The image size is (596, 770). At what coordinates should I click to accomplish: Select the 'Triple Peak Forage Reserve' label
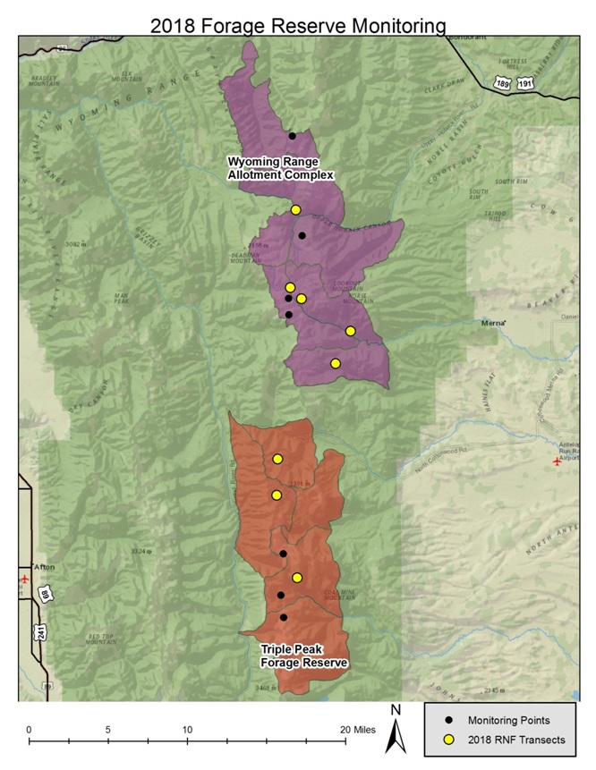click(304, 656)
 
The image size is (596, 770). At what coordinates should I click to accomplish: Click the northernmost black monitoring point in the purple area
click(293, 136)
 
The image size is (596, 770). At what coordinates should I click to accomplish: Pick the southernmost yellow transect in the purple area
click(336, 363)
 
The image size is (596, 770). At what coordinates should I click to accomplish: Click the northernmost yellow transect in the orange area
click(277, 459)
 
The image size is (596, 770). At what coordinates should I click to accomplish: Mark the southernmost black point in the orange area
click(284, 617)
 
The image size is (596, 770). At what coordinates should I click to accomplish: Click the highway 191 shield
click(525, 81)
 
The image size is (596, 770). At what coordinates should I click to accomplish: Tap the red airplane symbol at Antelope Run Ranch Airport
click(557, 461)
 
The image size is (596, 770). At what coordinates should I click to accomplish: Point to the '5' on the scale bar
click(108, 730)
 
